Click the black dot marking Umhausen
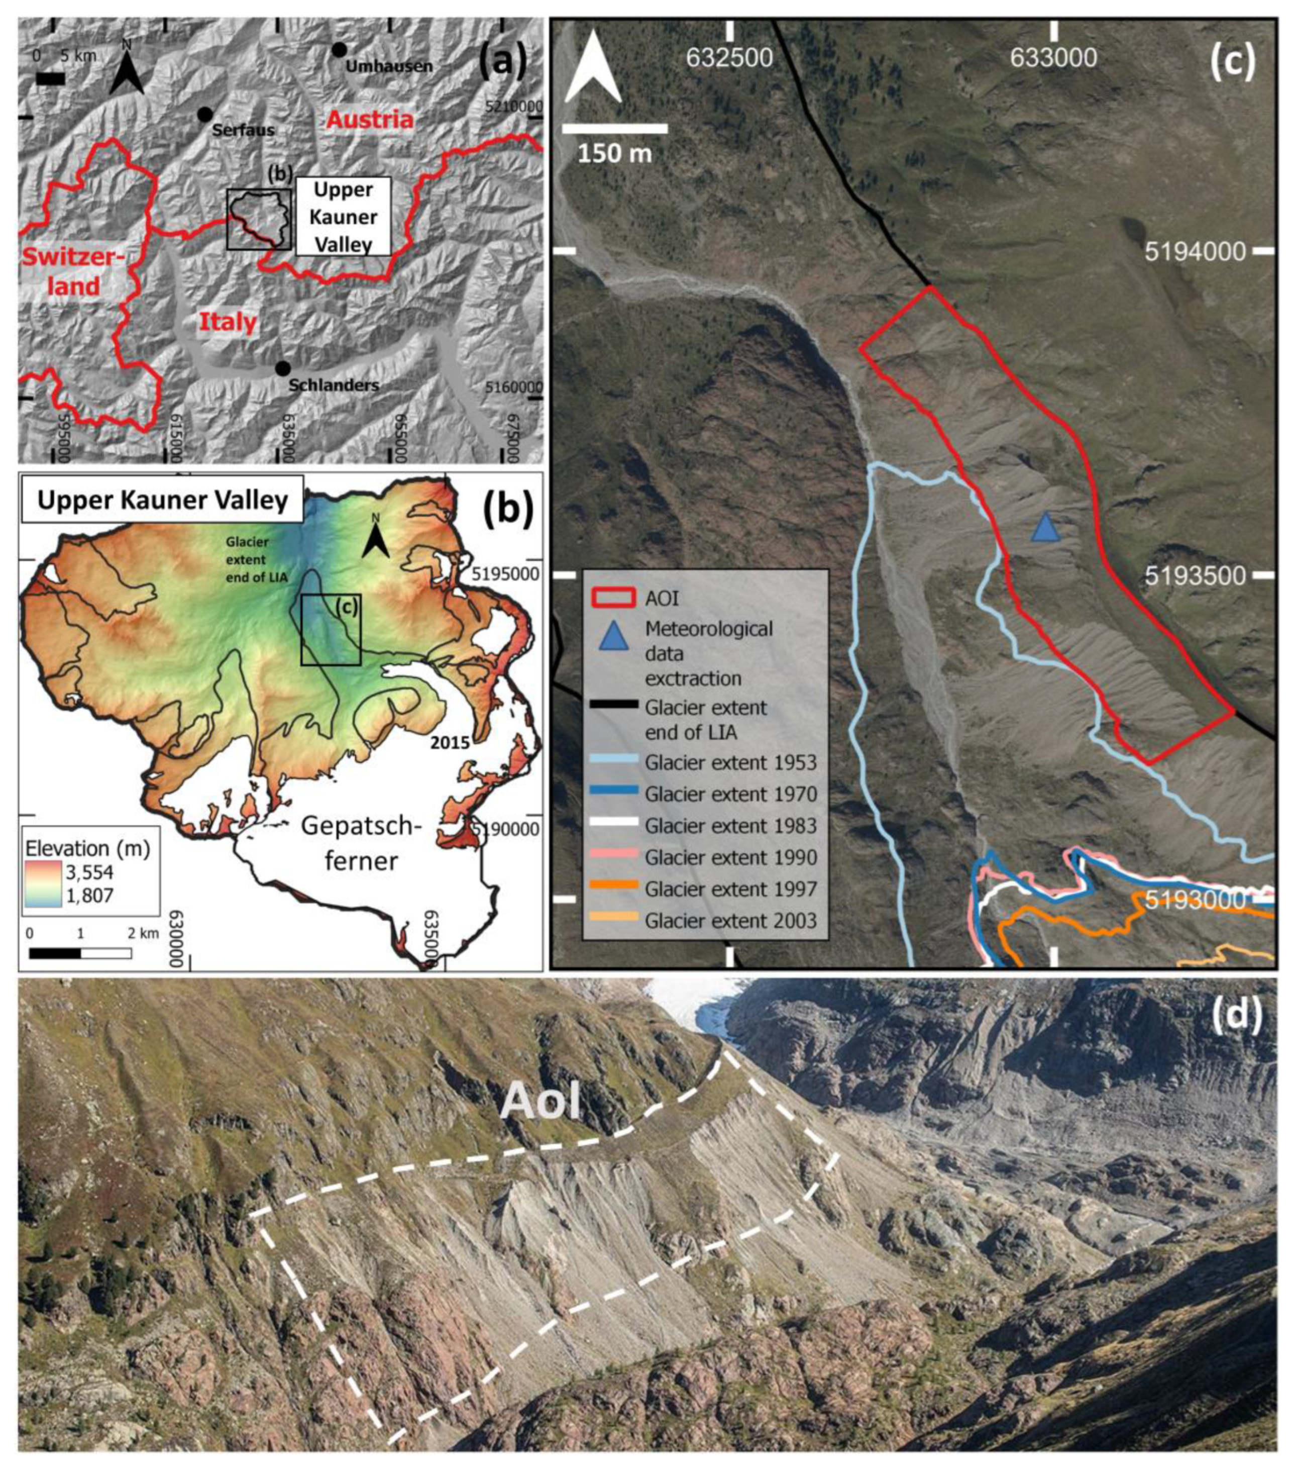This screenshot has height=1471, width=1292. click(339, 50)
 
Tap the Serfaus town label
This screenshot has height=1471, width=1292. click(243, 130)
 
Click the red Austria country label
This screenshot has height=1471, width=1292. click(370, 120)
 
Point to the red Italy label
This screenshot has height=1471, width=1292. click(228, 322)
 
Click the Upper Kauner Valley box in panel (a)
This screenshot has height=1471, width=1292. click(343, 217)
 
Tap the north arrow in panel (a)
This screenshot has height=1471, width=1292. click(127, 68)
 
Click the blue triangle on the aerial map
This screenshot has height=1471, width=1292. click(1045, 528)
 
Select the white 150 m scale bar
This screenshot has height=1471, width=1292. click(614, 129)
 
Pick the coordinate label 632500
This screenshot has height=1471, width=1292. click(729, 58)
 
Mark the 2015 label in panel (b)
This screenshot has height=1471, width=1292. click(450, 743)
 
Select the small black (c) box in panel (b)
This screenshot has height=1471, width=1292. click(330, 630)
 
